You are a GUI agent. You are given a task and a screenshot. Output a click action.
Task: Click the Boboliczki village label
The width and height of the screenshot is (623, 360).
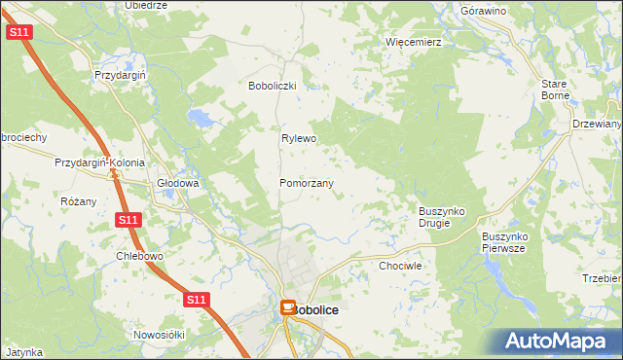(278, 86)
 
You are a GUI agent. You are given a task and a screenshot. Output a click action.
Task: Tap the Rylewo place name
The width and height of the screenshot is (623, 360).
(300, 138)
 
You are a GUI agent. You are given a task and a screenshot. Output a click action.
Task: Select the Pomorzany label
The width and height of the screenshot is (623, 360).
(307, 183)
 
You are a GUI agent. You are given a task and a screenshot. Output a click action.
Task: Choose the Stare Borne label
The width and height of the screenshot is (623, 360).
(554, 90)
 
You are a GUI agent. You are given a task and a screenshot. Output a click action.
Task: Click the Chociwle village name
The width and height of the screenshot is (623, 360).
(400, 265)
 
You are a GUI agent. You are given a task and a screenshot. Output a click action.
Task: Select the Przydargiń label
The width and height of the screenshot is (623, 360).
(120, 75)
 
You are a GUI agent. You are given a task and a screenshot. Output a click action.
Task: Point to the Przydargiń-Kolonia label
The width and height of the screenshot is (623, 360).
(100, 162)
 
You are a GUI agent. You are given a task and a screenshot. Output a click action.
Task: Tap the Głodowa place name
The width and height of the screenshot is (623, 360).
(178, 183)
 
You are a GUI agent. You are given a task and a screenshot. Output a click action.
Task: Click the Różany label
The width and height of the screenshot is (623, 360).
(79, 201)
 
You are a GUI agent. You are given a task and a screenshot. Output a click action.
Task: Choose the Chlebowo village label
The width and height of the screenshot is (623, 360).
(138, 256)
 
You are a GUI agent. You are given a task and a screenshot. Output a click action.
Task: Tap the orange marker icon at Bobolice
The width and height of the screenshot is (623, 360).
(288, 307)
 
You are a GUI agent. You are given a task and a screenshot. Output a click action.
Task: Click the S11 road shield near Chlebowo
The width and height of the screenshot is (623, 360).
(128, 221)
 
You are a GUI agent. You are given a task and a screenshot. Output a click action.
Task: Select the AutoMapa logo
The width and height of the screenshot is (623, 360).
(560, 341)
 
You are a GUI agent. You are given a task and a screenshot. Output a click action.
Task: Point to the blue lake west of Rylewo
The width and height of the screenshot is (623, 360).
(202, 120)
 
